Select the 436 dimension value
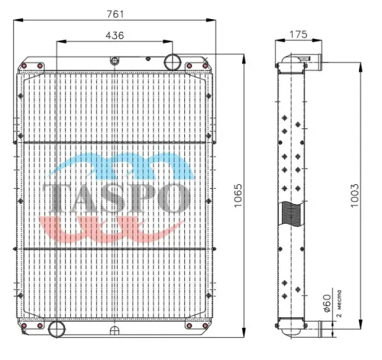coord(115,35)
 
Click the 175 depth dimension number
coord(299,35)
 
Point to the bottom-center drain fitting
coord(115,330)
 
